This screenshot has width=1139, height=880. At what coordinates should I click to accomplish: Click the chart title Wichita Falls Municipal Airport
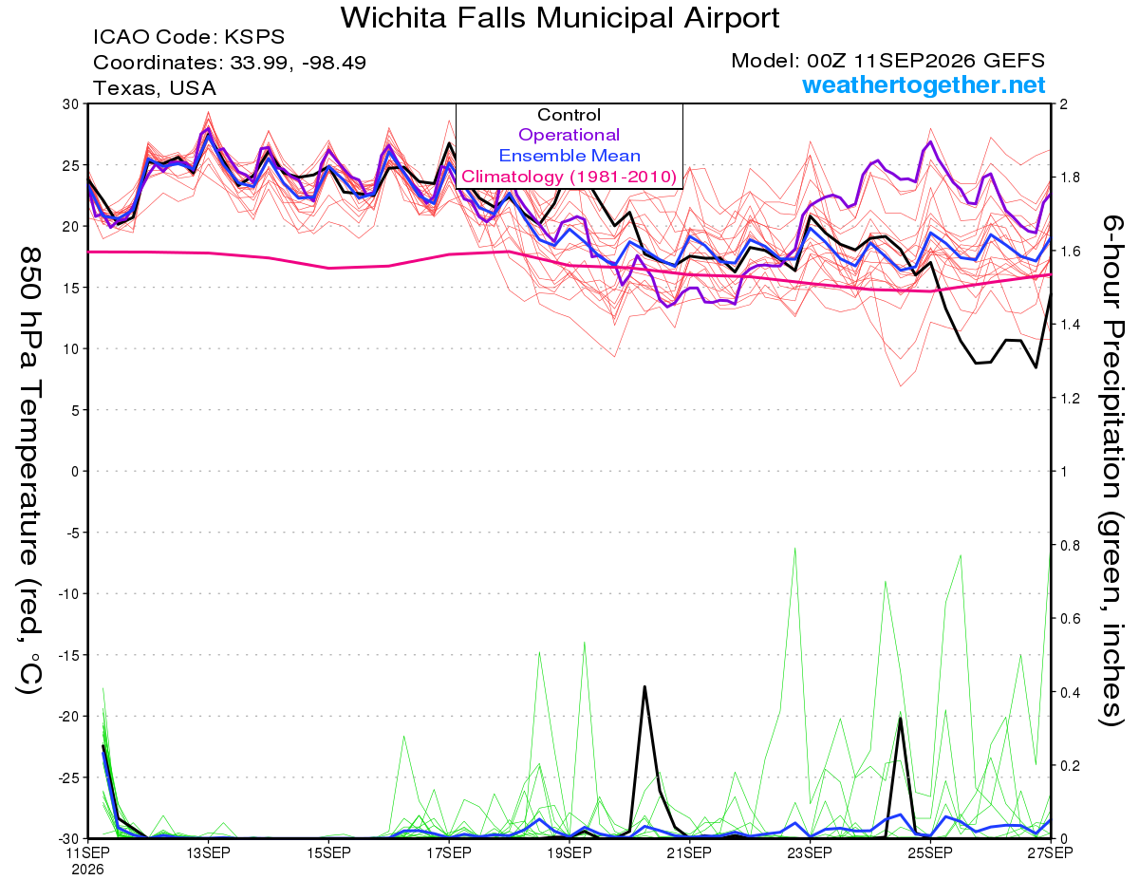click(x=560, y=18)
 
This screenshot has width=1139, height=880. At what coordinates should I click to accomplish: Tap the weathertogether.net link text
click(x=924, y=84)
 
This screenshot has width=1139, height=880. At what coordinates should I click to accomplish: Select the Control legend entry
click(x=569, y=115)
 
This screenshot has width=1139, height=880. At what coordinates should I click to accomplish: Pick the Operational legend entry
click(x=569, y=135)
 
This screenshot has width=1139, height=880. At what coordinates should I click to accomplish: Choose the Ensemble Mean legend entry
click(x=569, y=156)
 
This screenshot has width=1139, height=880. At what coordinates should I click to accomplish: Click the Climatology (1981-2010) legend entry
click(x=569, y=177)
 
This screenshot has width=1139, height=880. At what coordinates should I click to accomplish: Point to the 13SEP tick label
click(x=208, y=852)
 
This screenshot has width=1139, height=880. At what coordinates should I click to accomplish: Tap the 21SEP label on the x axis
click(x=689, y=852)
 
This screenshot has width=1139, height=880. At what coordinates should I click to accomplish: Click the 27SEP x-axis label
click(x=1050, y=852)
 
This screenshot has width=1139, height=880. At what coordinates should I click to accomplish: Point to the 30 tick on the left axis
click(x=70, y=104)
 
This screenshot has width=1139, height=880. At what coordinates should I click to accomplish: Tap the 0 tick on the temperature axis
click(x=75, y=472)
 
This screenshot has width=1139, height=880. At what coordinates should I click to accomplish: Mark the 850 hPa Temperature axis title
click(x=29, y=471)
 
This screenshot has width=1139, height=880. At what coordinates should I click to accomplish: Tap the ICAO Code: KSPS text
click(x=189, y=37)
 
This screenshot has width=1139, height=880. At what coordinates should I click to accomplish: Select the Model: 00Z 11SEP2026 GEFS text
click(x=887, y=61)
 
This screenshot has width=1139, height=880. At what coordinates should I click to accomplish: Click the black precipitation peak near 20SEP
click(x=644, y=686)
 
